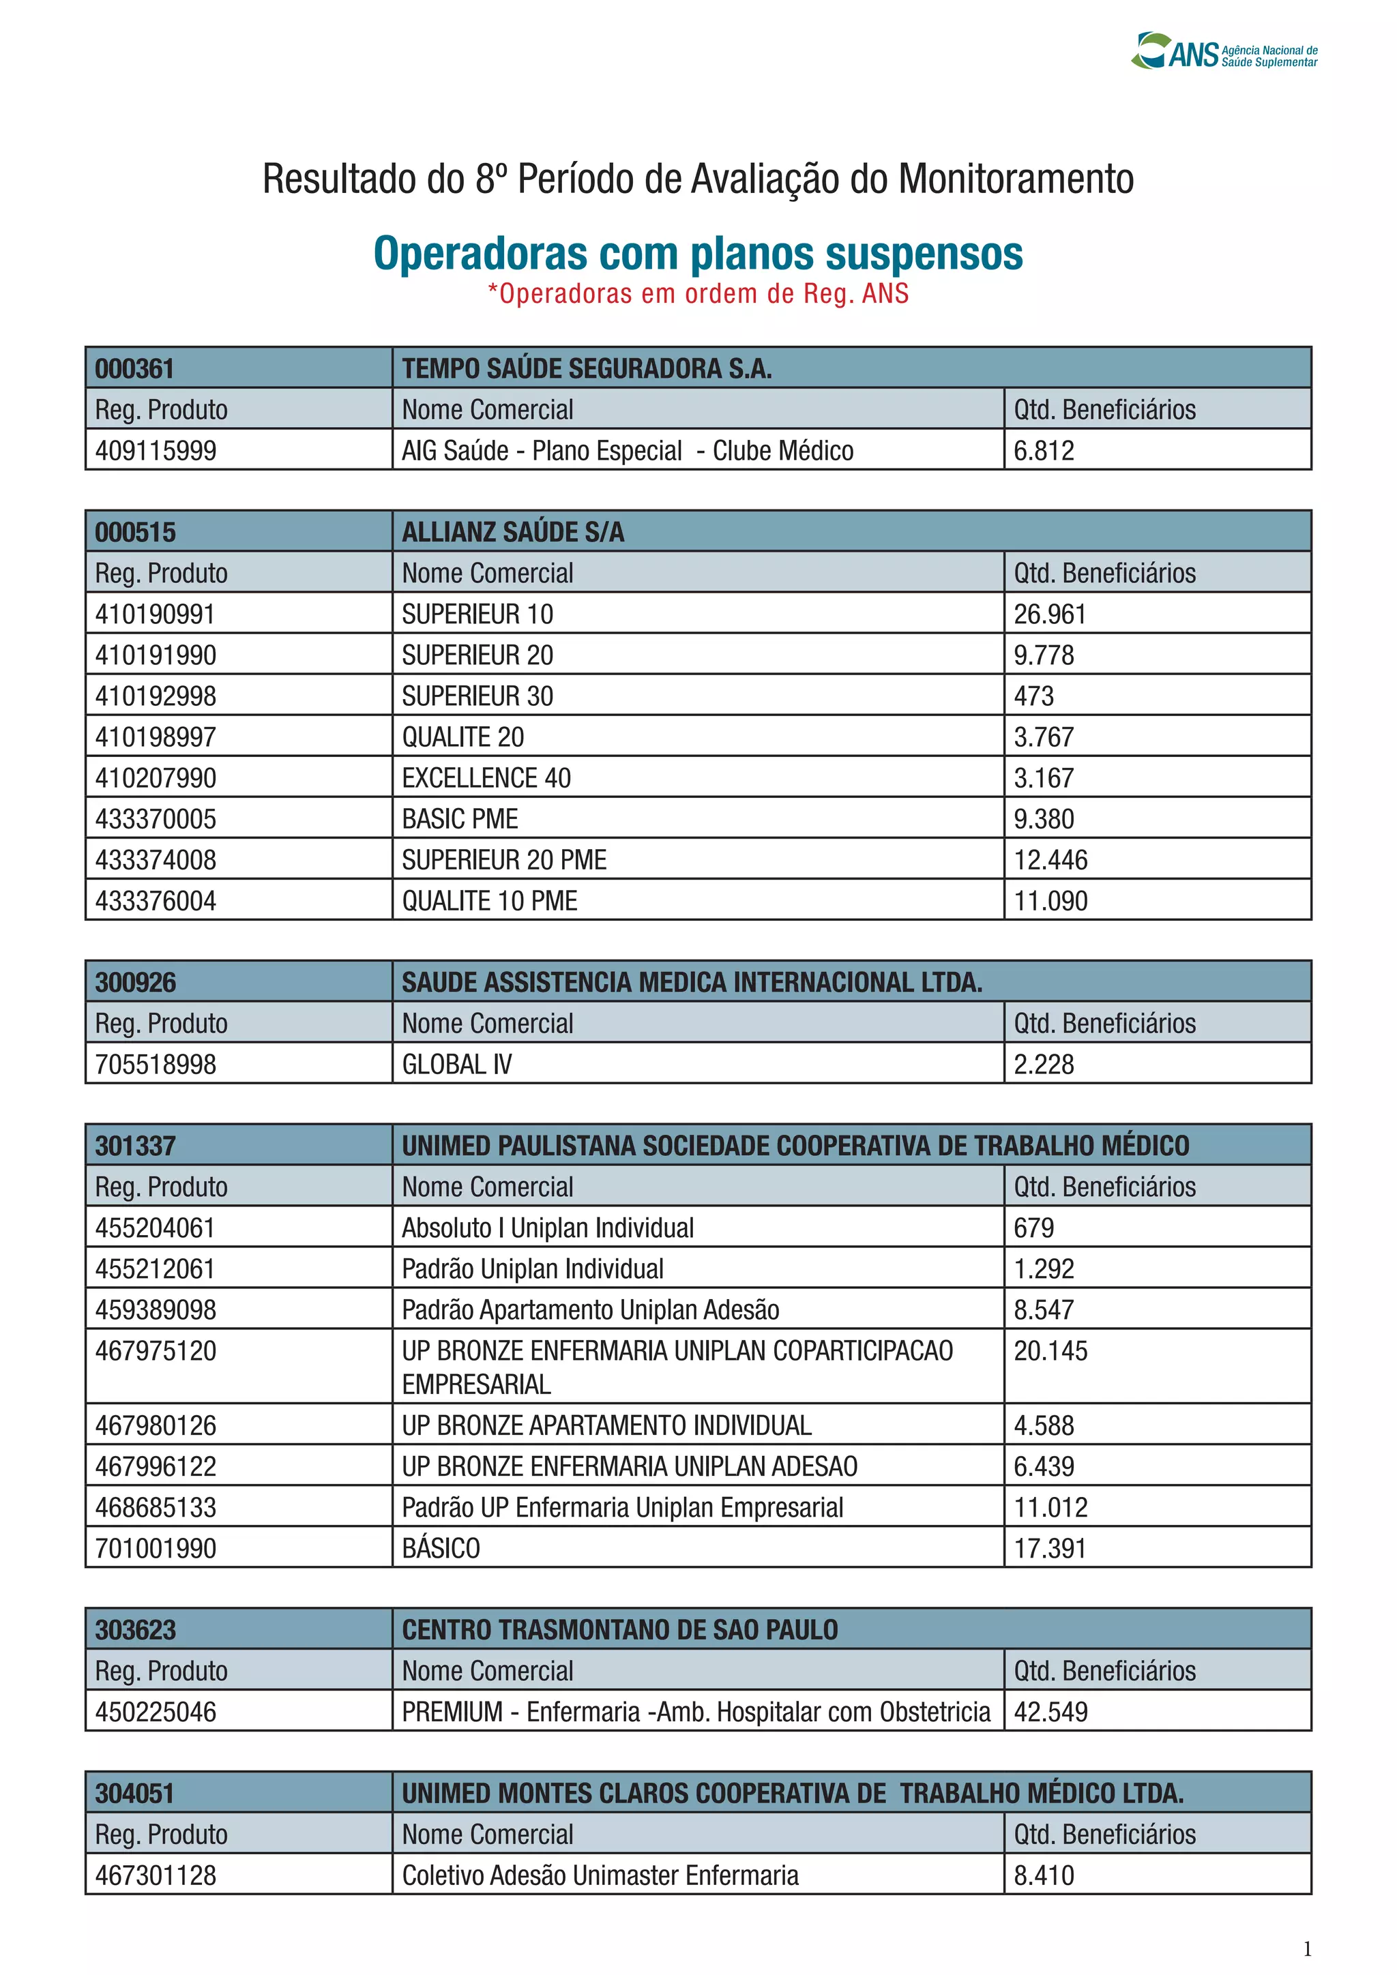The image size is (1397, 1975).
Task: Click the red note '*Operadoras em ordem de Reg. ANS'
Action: point(698,294)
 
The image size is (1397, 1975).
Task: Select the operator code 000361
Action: point(135,369)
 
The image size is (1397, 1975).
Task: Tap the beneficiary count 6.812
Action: point(1044,451)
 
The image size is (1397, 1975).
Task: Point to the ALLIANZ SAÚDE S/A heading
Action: point(513,533)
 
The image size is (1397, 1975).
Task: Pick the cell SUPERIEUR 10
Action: point(477,614)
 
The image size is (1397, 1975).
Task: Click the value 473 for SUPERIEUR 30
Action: point(1033,696)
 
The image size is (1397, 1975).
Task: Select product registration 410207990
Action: point(156,777)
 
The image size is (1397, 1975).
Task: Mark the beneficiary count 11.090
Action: point(1050,901)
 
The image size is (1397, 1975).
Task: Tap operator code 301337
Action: point(135,1146)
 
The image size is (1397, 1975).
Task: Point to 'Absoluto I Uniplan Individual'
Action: point(547,1228)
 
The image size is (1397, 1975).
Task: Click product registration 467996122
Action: point(156,1467)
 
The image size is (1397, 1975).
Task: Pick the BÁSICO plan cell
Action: point(441,1548)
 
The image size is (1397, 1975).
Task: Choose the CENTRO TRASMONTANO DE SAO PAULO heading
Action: point(619,1630)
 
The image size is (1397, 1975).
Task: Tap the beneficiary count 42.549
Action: point(1050,1712)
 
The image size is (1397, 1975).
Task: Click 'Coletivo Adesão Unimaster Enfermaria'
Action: point(600,1875)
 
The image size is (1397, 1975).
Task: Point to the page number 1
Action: point(1308,1949)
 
